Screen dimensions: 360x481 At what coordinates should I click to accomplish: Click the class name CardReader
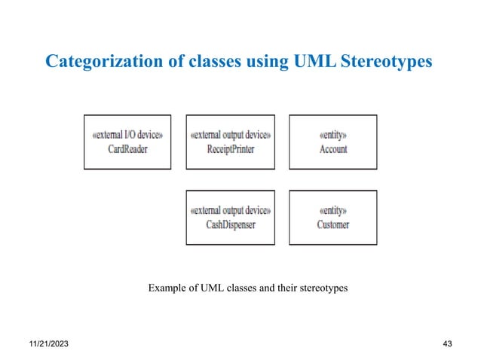(x=127, y=149)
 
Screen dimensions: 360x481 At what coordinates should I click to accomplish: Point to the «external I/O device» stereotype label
(x=127, y=136)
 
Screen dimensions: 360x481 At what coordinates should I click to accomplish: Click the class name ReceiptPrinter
(x=230, y=149)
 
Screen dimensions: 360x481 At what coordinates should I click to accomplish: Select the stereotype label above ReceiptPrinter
(x=230, y=136)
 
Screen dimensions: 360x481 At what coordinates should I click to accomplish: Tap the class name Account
(x=333, y=149)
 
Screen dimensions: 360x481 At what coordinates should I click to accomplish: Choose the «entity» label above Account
(x=333, y=136)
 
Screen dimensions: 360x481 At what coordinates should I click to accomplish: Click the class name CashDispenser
(x=230, y=224)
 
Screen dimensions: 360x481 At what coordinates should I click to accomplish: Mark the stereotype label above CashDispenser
(x=230, y=211)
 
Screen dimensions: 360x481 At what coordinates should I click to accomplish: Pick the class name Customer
(x=333, y=224)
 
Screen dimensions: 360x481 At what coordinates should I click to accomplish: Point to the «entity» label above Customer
(x=333, y=211)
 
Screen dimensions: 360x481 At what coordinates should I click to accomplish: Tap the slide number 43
(x=447, y=343)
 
